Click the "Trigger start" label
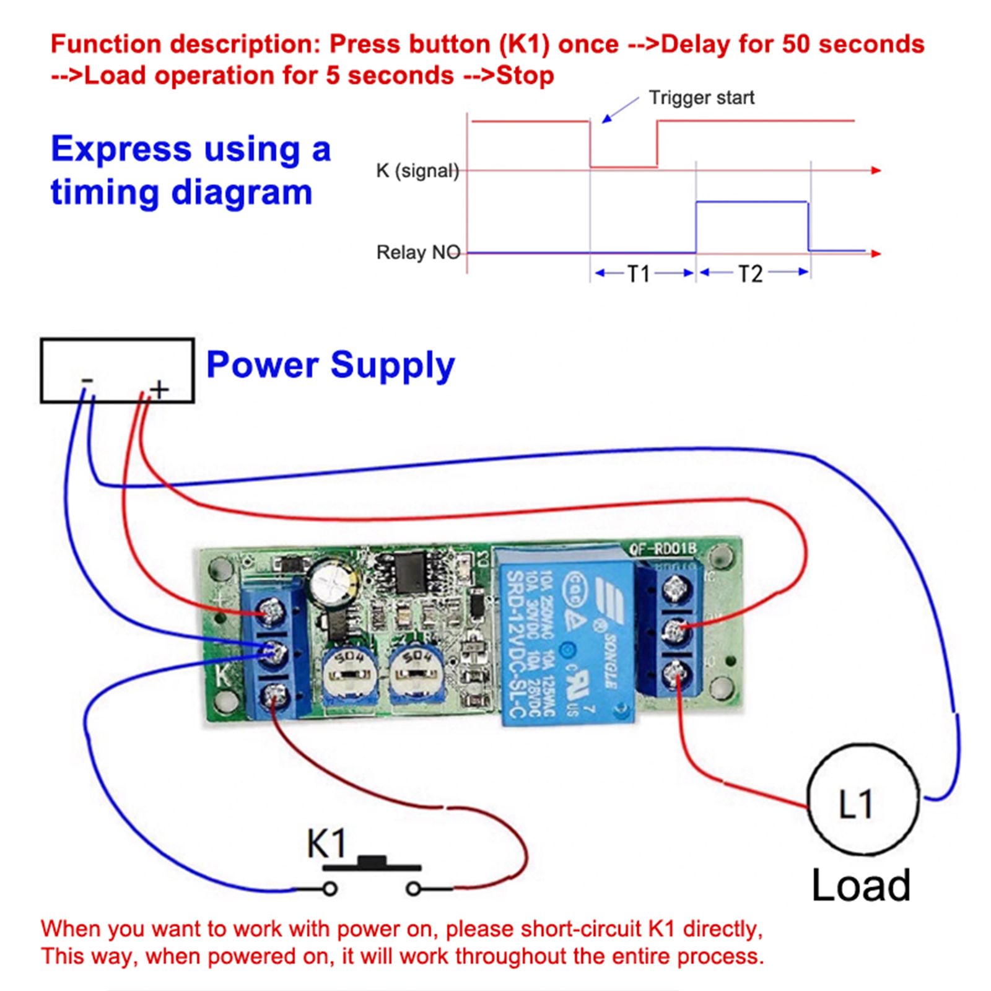coord(701,98)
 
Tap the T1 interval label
coord(639,274)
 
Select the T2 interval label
coord(750,274)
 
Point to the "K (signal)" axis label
coord(417,170)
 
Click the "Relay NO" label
coord(418,253)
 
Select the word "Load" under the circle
coord(861,885)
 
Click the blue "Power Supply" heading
coord(330,365)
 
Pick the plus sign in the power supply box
coord(159,389)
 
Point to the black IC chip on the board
coord(409,573)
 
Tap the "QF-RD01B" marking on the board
coord(663,549)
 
